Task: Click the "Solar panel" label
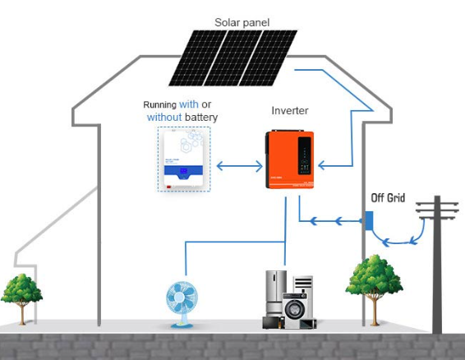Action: tap(242, 22)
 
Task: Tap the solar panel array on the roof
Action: tap(231, 58)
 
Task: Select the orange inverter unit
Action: tap(290, 159)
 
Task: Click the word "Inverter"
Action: tap(290, 110)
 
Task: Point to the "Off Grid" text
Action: tap(388, 199)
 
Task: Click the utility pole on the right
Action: tap(437, 271)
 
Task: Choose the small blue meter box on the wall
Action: tap(369, 221)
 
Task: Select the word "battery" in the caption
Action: tap(202, 118)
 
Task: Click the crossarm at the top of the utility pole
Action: tap(438, 213)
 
